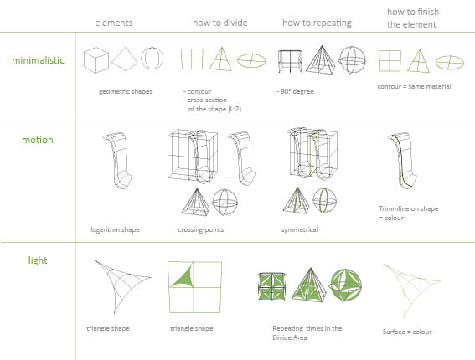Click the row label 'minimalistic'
click(x=39, y=60)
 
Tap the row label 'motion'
click(x=38, y=140)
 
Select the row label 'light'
click(x=38, y=260)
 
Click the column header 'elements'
click(x=114, y=23)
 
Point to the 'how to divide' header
click(x=220, y=23)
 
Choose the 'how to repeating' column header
click(x=317, y=23)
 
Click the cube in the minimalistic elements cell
click(x=96, y=60)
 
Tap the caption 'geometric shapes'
click(x=126, y=91)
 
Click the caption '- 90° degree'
click(x=295, y=91)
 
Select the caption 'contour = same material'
click(x=414, y=86)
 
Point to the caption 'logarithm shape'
click(x=115, y=229)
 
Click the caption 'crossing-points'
click(x=201, y=229)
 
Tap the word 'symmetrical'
click(x=300, y=229)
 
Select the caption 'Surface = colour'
click(x=407, y=332)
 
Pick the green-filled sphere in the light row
click(x=345, y=285)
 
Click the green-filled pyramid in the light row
click(x=309, y=285)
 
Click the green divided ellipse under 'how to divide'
click(x=251, y=61)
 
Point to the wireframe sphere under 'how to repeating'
click(x=352, y=60)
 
